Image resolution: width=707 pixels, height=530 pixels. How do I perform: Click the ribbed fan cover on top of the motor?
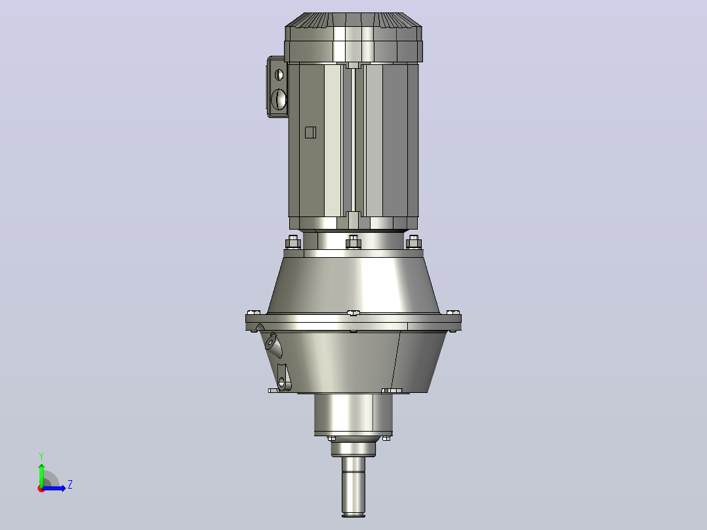(x=353, y=37)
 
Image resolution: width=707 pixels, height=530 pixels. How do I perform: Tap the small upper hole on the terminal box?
(x=279, y=74)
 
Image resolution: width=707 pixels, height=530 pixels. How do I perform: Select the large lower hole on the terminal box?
(x=279, y=98)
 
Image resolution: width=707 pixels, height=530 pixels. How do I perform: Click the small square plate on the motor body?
(x=310, y=132)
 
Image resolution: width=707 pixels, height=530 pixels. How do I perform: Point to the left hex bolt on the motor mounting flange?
(x=293, y=242)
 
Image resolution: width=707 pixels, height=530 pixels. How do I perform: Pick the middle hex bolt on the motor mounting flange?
(x=353, y=242)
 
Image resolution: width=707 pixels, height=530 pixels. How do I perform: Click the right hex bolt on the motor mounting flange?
(x=413, y=242)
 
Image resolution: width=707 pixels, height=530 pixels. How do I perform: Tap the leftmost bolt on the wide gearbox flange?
(x=254, y=312)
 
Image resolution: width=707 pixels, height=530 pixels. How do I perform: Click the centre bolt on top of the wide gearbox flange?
(x=353, y=313)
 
